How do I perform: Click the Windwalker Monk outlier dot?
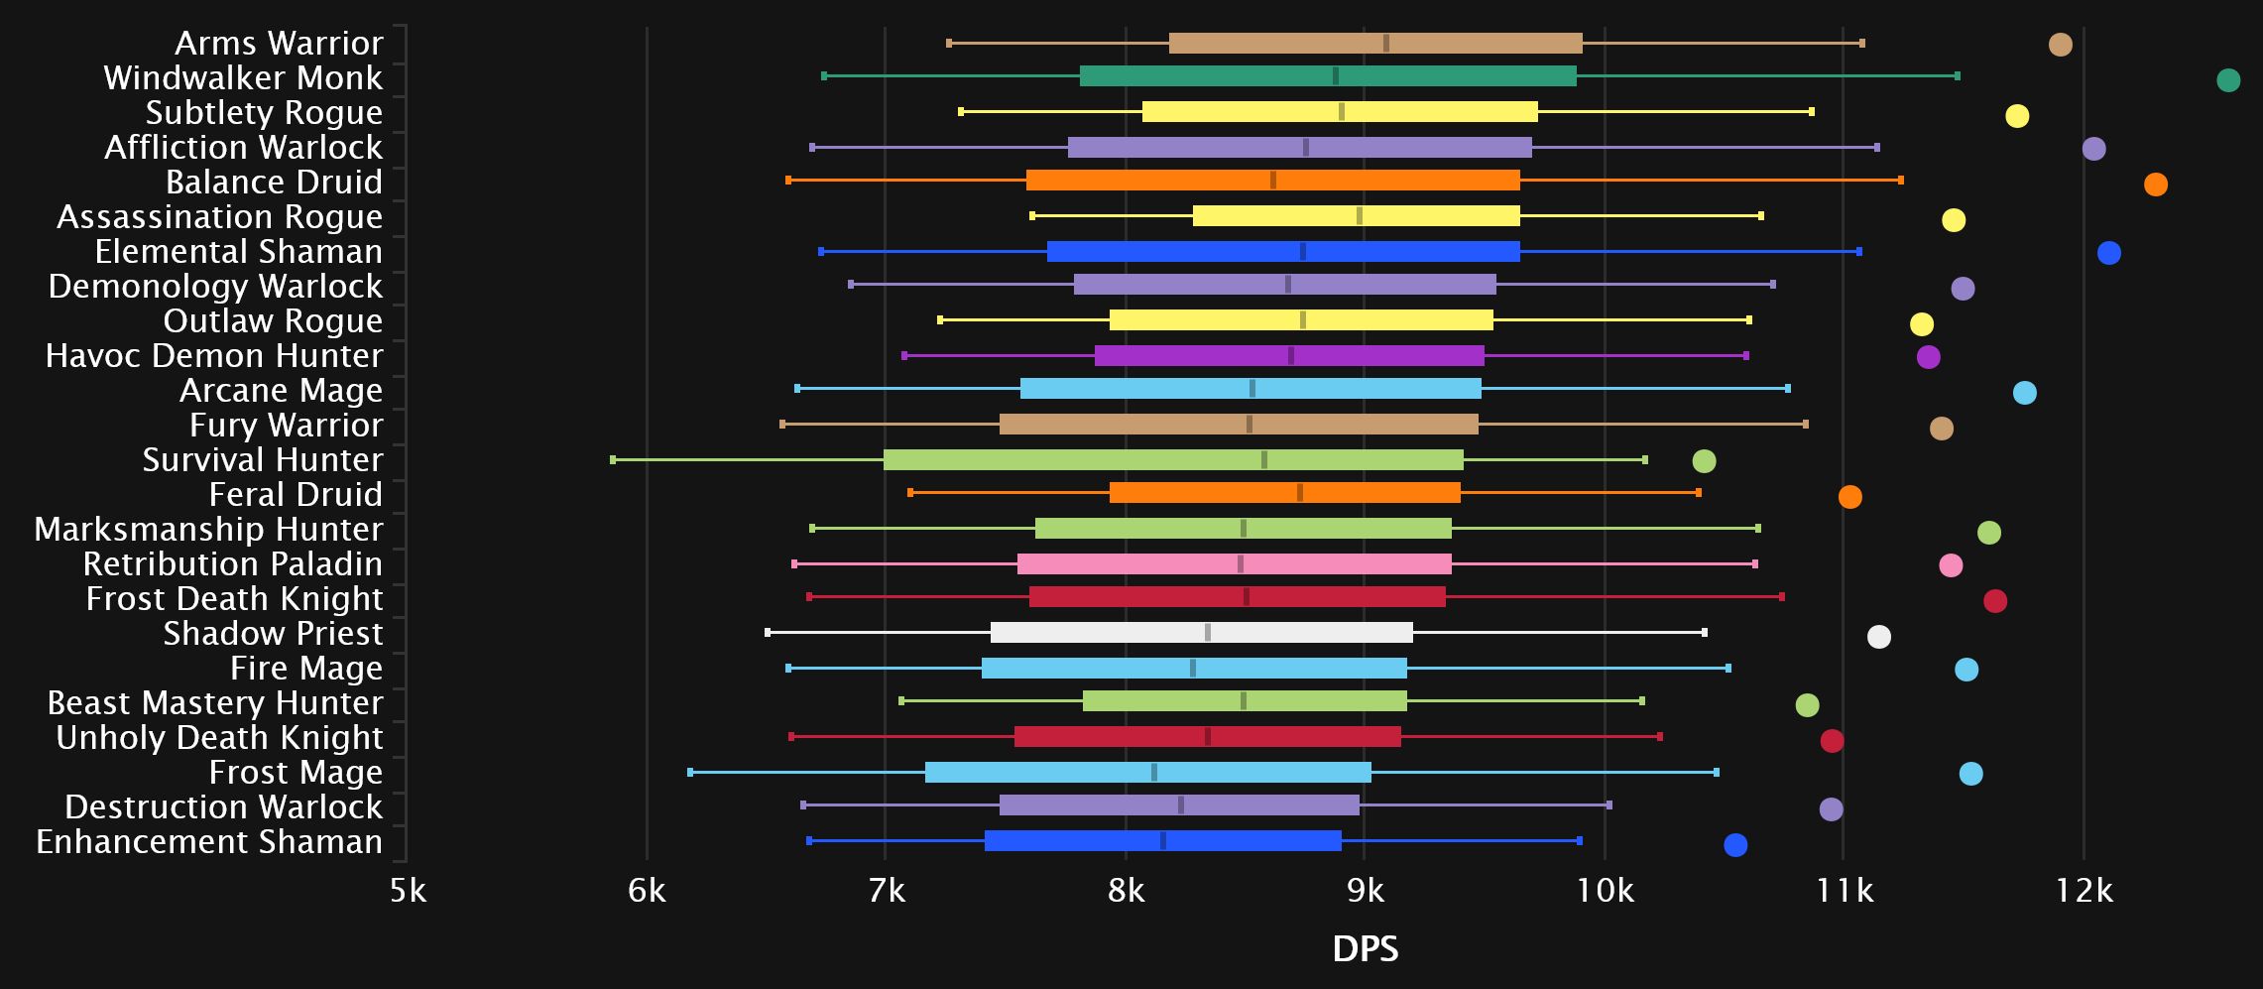2227,80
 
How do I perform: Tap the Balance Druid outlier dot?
2155,185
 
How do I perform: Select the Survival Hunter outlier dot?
1704,461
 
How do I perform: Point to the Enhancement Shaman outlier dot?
1734,845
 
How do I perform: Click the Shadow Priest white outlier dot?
1878,637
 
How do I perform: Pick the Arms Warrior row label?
279,44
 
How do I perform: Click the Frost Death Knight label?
234,599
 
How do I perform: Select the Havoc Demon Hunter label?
214,356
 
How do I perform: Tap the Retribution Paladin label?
233,564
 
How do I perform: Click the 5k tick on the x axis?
408,892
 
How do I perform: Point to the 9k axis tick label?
1366,892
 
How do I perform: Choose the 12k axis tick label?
2084,892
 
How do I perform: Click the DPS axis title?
1366,949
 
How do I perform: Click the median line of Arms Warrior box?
1386,44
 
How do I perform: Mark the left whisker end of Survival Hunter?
613,459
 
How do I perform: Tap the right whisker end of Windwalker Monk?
1957,76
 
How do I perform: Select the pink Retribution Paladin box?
1234,564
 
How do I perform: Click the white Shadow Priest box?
1201,633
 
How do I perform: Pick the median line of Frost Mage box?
1154,772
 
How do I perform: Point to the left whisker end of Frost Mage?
690,772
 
